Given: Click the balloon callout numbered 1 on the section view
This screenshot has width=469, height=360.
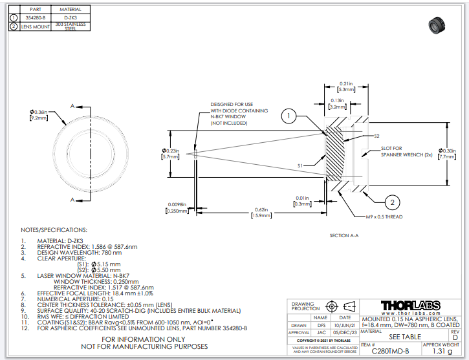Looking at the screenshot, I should click(x=289, y=116).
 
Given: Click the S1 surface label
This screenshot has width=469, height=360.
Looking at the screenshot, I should click(x=300, y=166).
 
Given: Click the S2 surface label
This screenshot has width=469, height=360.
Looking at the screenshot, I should click(x=376, y=136).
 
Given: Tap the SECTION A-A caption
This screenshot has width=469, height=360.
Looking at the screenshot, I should click(x=344, y=236).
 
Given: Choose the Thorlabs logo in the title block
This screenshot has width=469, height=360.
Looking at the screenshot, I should click(x=411, y=305).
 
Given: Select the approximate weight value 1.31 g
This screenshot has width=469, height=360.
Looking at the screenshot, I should click(x=442, y=351).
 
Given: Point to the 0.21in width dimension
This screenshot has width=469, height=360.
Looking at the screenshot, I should click(x=345, y=87).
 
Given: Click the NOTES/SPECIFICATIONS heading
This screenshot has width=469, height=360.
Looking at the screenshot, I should click(x=54, y=230).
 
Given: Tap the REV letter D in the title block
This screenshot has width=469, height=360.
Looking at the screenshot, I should click(x=455, y=337).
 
